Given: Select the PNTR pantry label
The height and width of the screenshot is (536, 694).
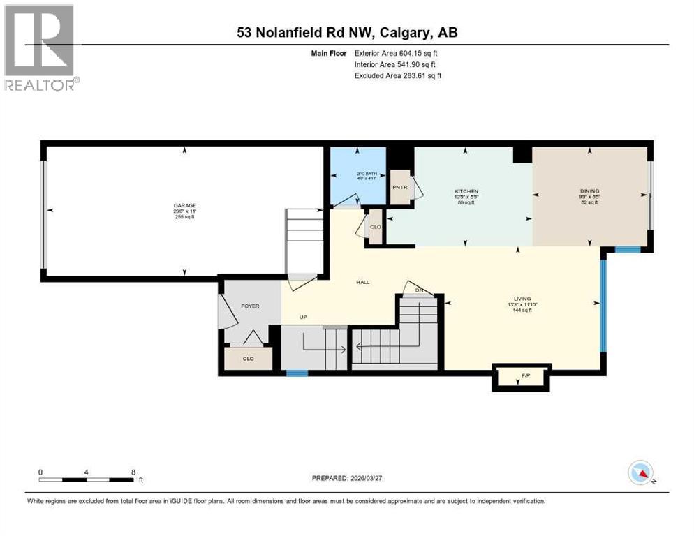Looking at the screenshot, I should pos(399,187).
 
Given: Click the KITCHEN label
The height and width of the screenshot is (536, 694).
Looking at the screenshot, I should pos(466,191).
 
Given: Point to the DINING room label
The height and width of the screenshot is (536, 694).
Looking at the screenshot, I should pos(590,191).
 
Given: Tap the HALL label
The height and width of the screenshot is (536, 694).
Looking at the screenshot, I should pos(362,282).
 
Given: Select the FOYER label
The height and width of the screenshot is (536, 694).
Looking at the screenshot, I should pos(250,306).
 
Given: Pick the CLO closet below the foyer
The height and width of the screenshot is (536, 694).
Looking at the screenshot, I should pos(248,359).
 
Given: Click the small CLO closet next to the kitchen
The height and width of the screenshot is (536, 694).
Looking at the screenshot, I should pos(376,227).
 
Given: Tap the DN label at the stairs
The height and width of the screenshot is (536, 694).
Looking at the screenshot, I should pos(419,290).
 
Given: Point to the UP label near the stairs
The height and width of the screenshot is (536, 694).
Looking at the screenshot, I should pos(303,317).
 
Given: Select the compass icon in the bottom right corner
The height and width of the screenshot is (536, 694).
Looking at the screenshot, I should pos(640,472).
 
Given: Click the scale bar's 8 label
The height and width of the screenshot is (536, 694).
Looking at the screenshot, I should pos(133,472).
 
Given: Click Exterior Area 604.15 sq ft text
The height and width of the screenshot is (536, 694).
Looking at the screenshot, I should pos(396,52).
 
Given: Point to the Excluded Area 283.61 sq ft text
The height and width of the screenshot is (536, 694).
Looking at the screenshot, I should pos(398,75).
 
